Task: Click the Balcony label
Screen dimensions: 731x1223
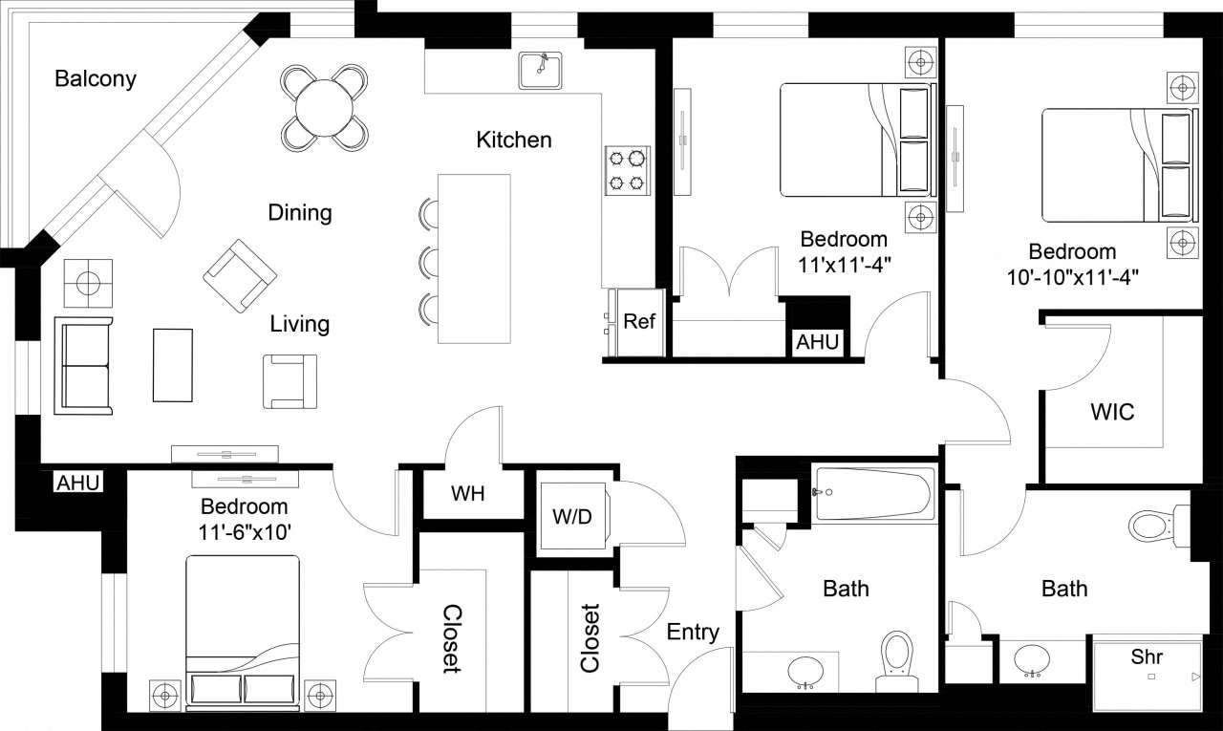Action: point(95,78)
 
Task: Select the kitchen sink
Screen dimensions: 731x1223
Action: point(542,70)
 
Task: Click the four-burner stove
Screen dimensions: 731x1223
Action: point(627,169)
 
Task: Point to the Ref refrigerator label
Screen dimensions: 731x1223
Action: point(639,322)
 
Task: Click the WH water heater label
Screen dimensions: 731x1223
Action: point(468,494)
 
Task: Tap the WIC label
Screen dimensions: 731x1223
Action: point(1112,413)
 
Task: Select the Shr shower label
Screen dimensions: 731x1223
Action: point(1147,657)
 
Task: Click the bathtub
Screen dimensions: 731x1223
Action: point(875,493)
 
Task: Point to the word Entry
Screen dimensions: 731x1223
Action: point(693,632)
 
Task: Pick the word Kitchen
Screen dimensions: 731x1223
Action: point(514,140)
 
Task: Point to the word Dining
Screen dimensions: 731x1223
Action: point(300,212)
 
